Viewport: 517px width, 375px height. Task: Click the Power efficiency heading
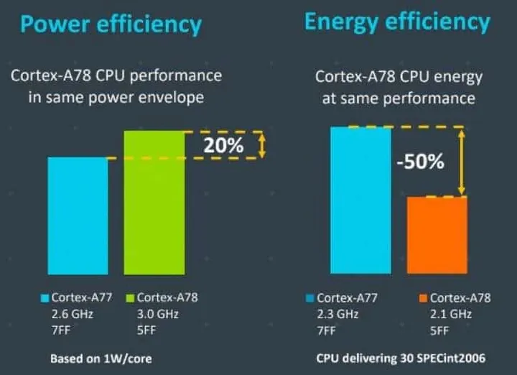click(111, 25)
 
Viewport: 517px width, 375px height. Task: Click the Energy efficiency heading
click(397, 22)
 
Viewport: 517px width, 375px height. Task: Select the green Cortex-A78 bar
click(154, 203)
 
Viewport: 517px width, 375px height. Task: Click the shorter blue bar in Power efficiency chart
click(78, 216)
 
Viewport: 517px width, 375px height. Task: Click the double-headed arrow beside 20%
click(262, 145)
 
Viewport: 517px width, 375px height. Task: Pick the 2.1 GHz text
click(451, 313)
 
